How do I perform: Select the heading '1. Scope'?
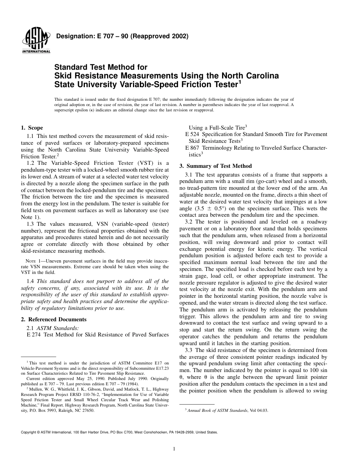tap(32, 128)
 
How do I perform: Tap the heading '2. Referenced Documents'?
tap(53, 319)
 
